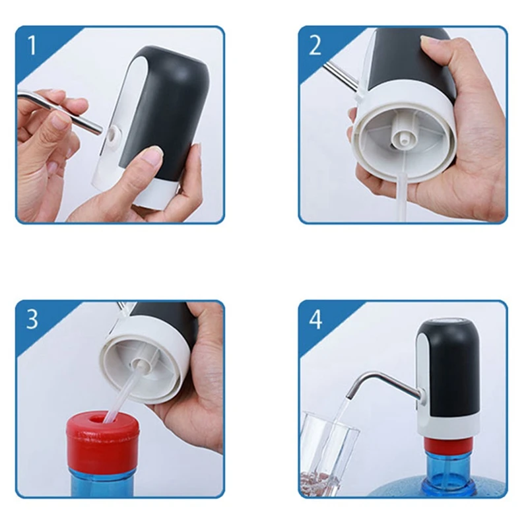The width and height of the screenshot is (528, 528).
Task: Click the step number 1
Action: [x=32, y=45]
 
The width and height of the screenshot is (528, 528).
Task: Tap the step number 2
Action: [x=315, y=45]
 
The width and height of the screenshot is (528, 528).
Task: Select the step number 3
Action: [x=32, y=319]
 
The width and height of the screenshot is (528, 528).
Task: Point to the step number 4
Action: [x=315, y=319]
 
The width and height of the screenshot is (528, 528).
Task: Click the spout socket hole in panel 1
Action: [x=113, y=136]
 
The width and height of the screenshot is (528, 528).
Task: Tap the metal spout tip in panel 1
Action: [x=98, y=129]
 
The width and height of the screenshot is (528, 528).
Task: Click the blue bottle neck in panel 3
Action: [x=102, y=475]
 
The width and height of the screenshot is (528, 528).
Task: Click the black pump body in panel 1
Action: [x=165, y=108]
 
